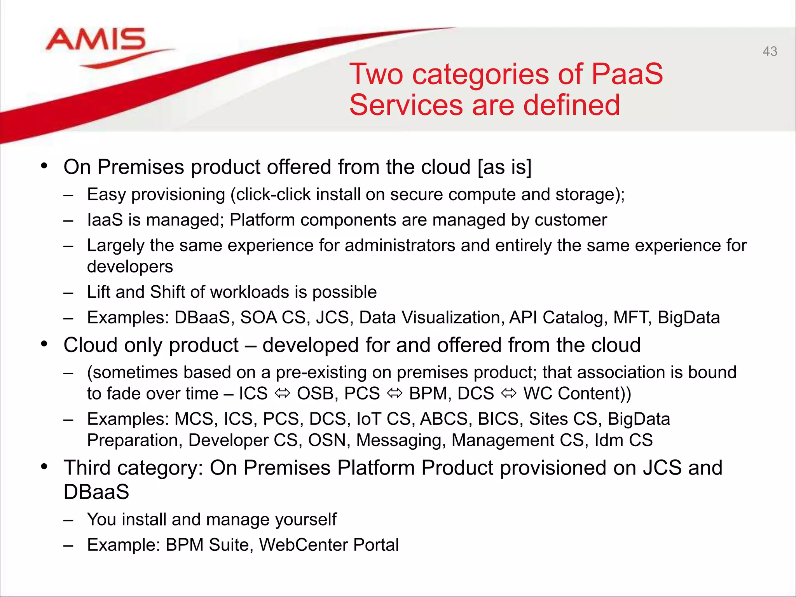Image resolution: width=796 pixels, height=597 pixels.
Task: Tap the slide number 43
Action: [x=770, y=51]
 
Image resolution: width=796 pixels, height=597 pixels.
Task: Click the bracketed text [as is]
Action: [x=504, y=167]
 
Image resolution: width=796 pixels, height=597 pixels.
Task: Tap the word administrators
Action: [x=400, y=246]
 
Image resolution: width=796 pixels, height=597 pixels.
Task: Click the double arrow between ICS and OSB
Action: [x=283, y=393]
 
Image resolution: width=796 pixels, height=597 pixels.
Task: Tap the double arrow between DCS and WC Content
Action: [x=509, y=393]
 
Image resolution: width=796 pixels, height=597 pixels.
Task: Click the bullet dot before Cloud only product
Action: [x=44, y=344]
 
